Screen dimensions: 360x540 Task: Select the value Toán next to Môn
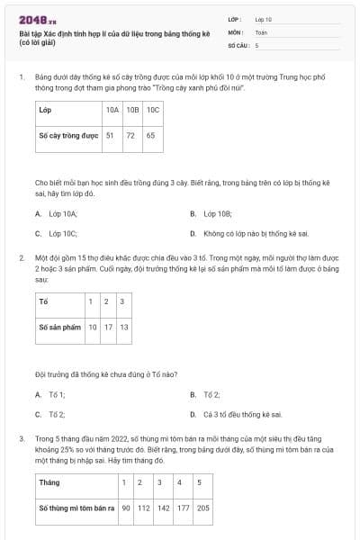coord(261,31)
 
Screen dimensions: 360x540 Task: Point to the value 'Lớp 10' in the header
coord(264,18)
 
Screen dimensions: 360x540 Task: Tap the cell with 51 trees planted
coord(111,136)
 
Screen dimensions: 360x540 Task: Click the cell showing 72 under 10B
coord(130,136)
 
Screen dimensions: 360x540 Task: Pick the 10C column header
coord(151,110)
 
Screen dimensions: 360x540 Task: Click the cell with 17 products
coord(108,327)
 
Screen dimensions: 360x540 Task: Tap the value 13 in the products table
coord(124,327)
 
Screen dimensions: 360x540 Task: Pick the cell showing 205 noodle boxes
coord(204,508)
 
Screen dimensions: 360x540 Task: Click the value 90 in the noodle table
coord(125,508)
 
